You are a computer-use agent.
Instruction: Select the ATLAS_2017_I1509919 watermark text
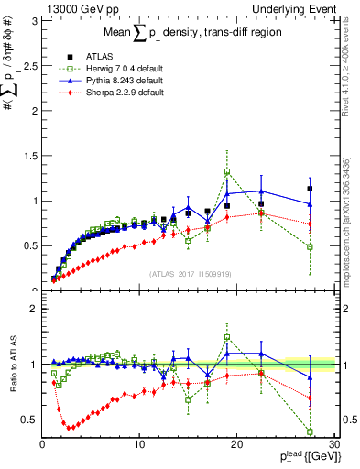click(x=188, y=273)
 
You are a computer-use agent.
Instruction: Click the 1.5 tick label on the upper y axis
click(x=29, y=156)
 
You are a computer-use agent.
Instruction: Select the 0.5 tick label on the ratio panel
click(x=29, y=420)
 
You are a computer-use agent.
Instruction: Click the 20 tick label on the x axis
click(x=236, y=444)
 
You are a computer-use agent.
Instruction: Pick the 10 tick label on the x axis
click(x=139, y=444)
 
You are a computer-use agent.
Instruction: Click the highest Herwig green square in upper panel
click(x=227, y=171)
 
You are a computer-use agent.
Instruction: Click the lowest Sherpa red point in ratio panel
click(x=69, y=427)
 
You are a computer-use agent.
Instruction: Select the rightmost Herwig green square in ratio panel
click(x=310, y=431)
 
